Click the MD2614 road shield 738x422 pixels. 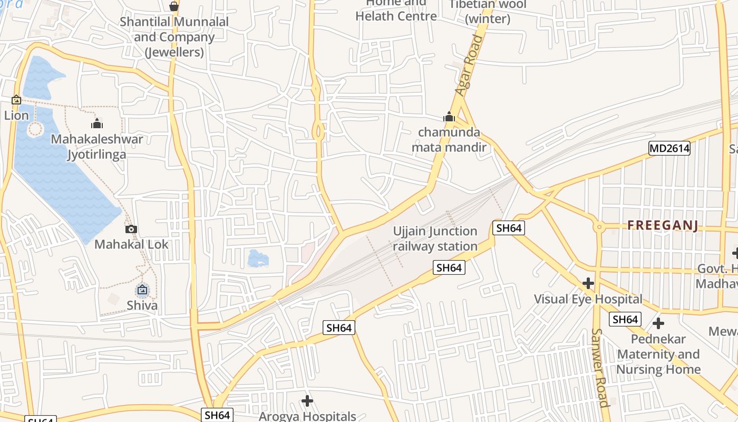[x=669, y=148]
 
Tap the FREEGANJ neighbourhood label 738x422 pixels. [x=663, y=226]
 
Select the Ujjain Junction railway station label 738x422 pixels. [x=435, y=239]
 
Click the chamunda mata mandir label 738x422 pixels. [x=449, y=139]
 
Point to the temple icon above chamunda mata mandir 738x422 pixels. [x=449, y=117]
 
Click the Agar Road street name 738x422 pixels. [x=469, y=66]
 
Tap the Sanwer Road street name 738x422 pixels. [x=600, y=368]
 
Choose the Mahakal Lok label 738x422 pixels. [x=131, y=244]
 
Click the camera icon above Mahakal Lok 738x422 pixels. [x=131, y=229]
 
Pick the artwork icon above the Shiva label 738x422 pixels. [x=142, y=290]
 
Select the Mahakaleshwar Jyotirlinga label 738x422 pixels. [x=97, y=147]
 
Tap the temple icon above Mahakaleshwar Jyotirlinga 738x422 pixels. [x=97, y=124]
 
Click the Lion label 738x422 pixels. [x=16, y=115]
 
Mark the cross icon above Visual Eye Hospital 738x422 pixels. [x=588, y=284]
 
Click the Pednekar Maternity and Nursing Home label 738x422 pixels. [x=658, y=354]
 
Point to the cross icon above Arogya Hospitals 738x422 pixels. [x=307, y=401]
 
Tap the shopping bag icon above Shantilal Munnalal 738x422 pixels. [x=174, y=6]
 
